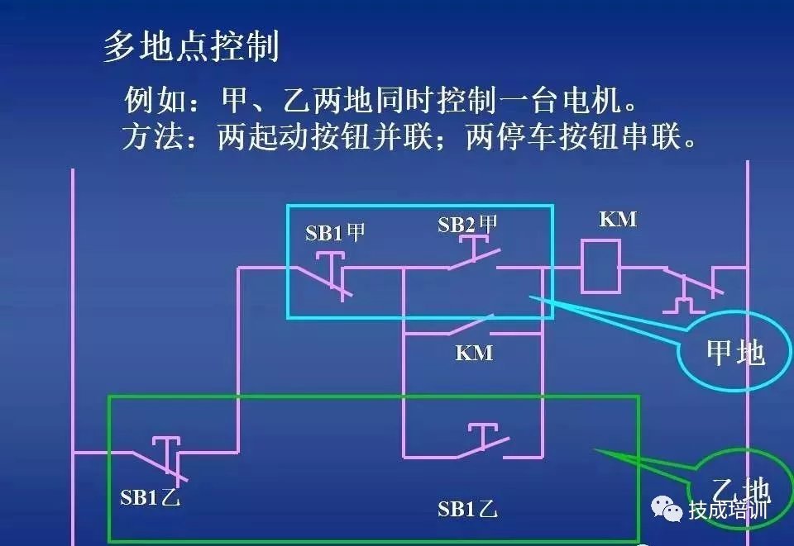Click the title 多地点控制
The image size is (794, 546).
[191, 46]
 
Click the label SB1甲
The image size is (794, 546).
[335, 233]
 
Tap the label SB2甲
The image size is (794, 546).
[467, 225]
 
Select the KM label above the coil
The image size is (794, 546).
[618, 220]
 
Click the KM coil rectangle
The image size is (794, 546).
[600, 267]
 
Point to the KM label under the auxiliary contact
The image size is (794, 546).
[474, 353]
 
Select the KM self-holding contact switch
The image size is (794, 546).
[471, 325]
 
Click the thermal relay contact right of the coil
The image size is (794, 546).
[693, 289]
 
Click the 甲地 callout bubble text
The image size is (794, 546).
[735, 353]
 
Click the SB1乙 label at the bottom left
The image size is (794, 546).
[150, 498]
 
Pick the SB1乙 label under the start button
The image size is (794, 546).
[467, 509]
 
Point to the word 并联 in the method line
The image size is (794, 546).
[403, 136]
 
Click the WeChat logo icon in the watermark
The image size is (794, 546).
[667, 508]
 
